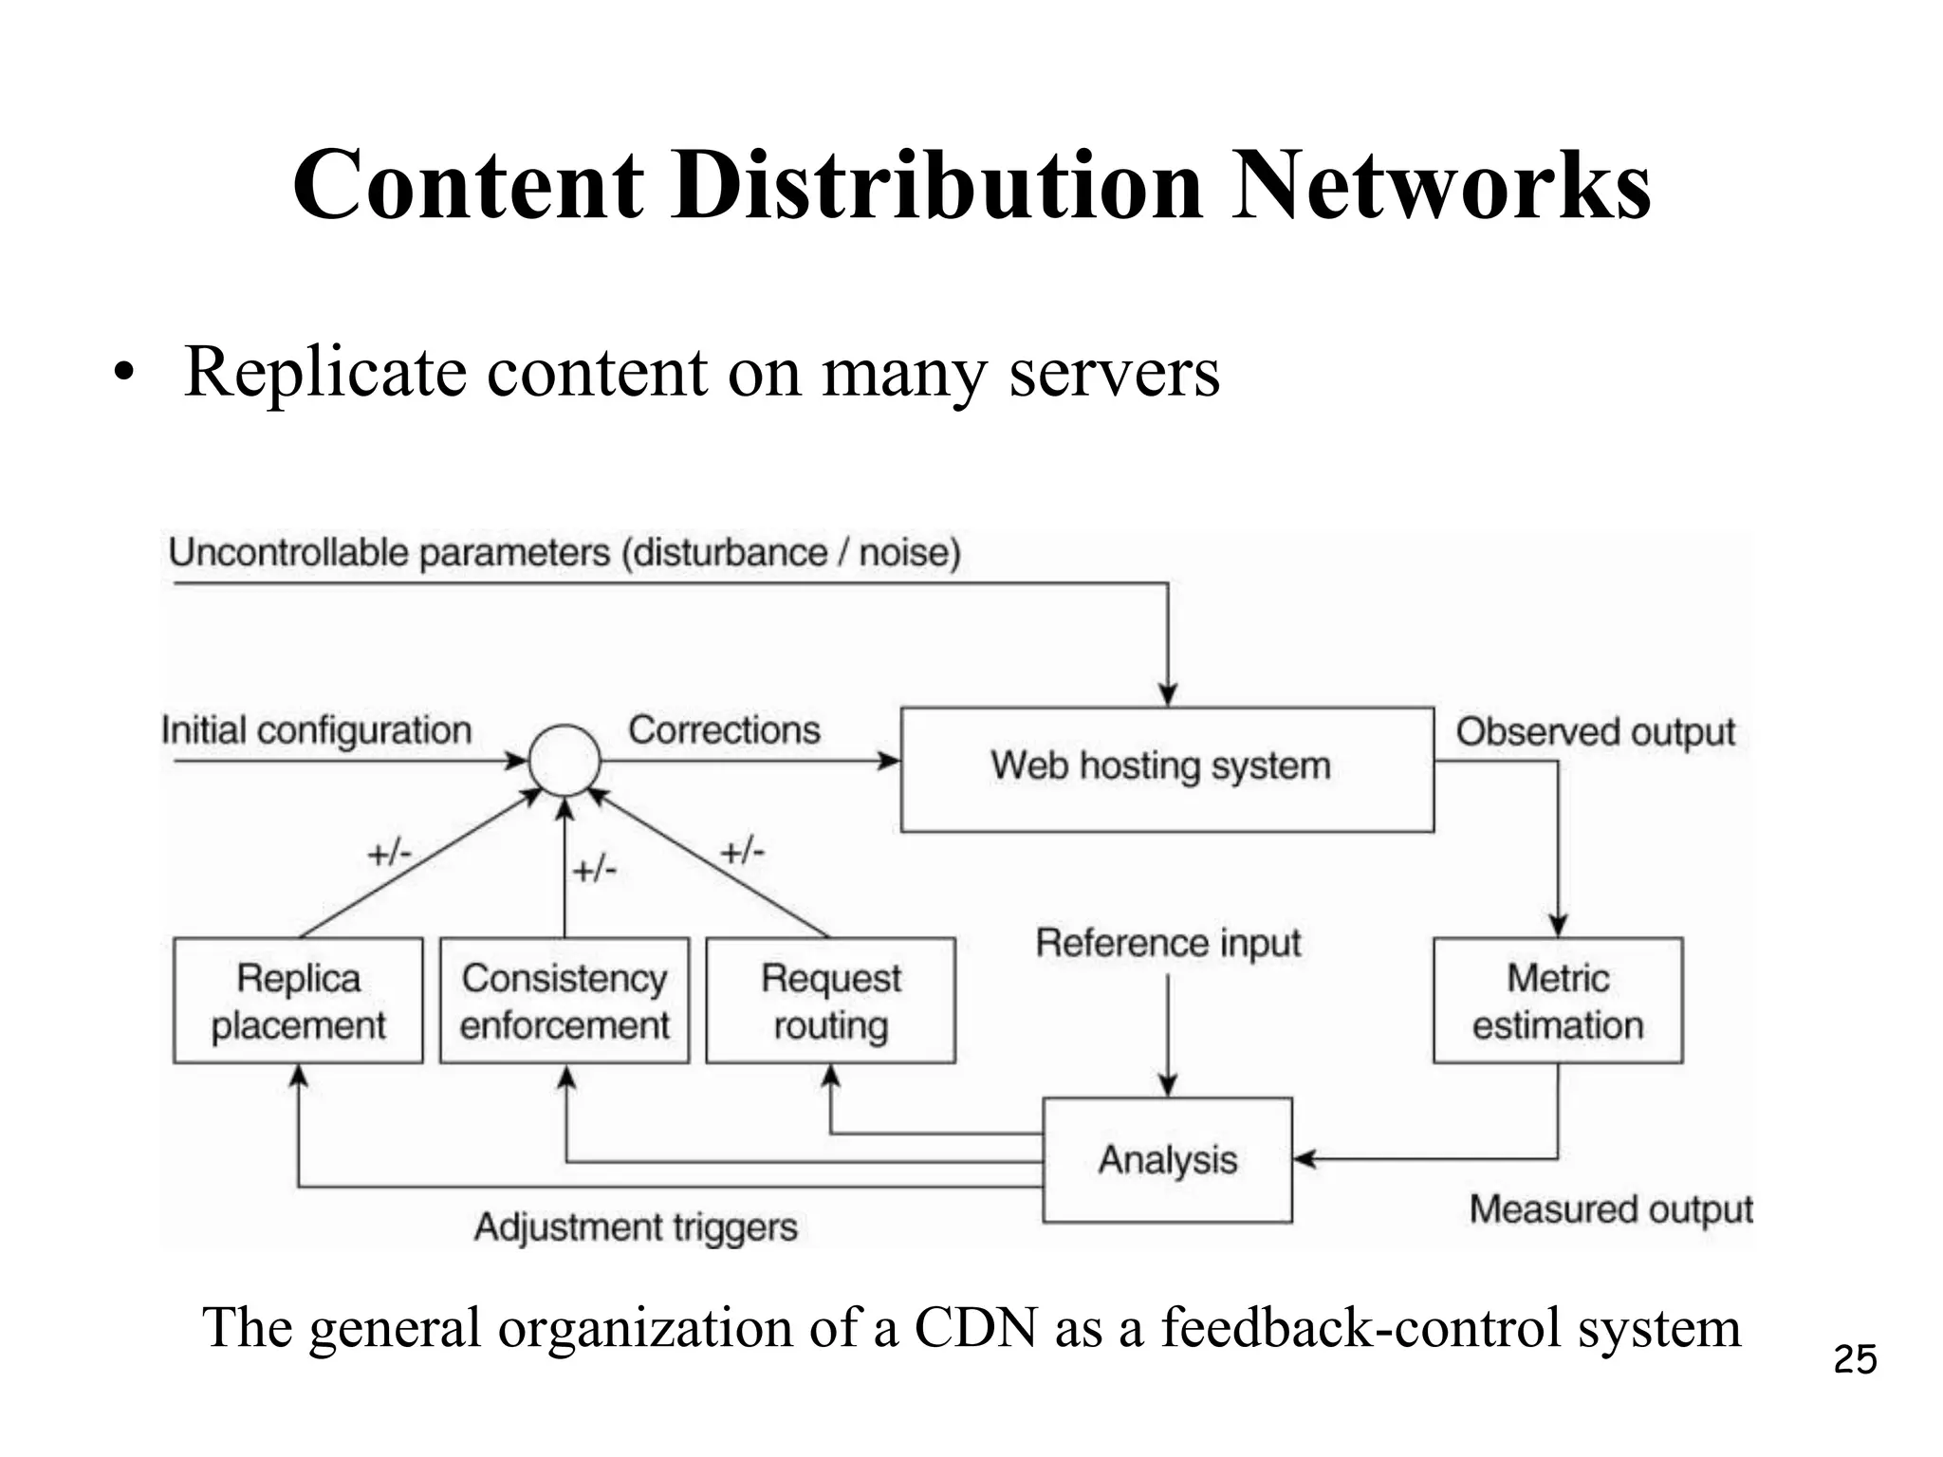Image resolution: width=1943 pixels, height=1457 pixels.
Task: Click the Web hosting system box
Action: coord(1166,768)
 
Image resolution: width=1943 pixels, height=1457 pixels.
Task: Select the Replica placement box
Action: coord(298,1001)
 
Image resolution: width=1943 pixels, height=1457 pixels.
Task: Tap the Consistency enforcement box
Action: coord(564,1001)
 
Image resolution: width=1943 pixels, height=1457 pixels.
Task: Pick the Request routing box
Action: coord(830,1001)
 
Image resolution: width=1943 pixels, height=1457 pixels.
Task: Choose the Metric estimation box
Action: coord(1557,1001)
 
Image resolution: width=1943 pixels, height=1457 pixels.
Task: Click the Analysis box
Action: coord(1167,1159)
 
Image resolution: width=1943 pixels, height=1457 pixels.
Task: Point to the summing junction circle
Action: coord(564,760)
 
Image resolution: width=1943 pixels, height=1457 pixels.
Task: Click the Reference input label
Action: coord(1168,943)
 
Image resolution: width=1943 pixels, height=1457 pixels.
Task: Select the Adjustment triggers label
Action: coord(636,1226)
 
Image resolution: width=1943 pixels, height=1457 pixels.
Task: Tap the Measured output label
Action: coord(1610,1209)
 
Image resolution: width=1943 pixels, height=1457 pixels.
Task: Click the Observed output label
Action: coord(1595,732)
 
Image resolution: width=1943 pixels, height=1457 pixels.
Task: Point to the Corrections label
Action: coord(724,730)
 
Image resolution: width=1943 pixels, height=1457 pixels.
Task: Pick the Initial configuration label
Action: coord(317,730)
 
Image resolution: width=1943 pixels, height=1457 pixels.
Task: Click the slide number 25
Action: coord(1855,1359)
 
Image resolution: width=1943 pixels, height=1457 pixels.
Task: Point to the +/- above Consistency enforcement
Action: coord(595,869)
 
